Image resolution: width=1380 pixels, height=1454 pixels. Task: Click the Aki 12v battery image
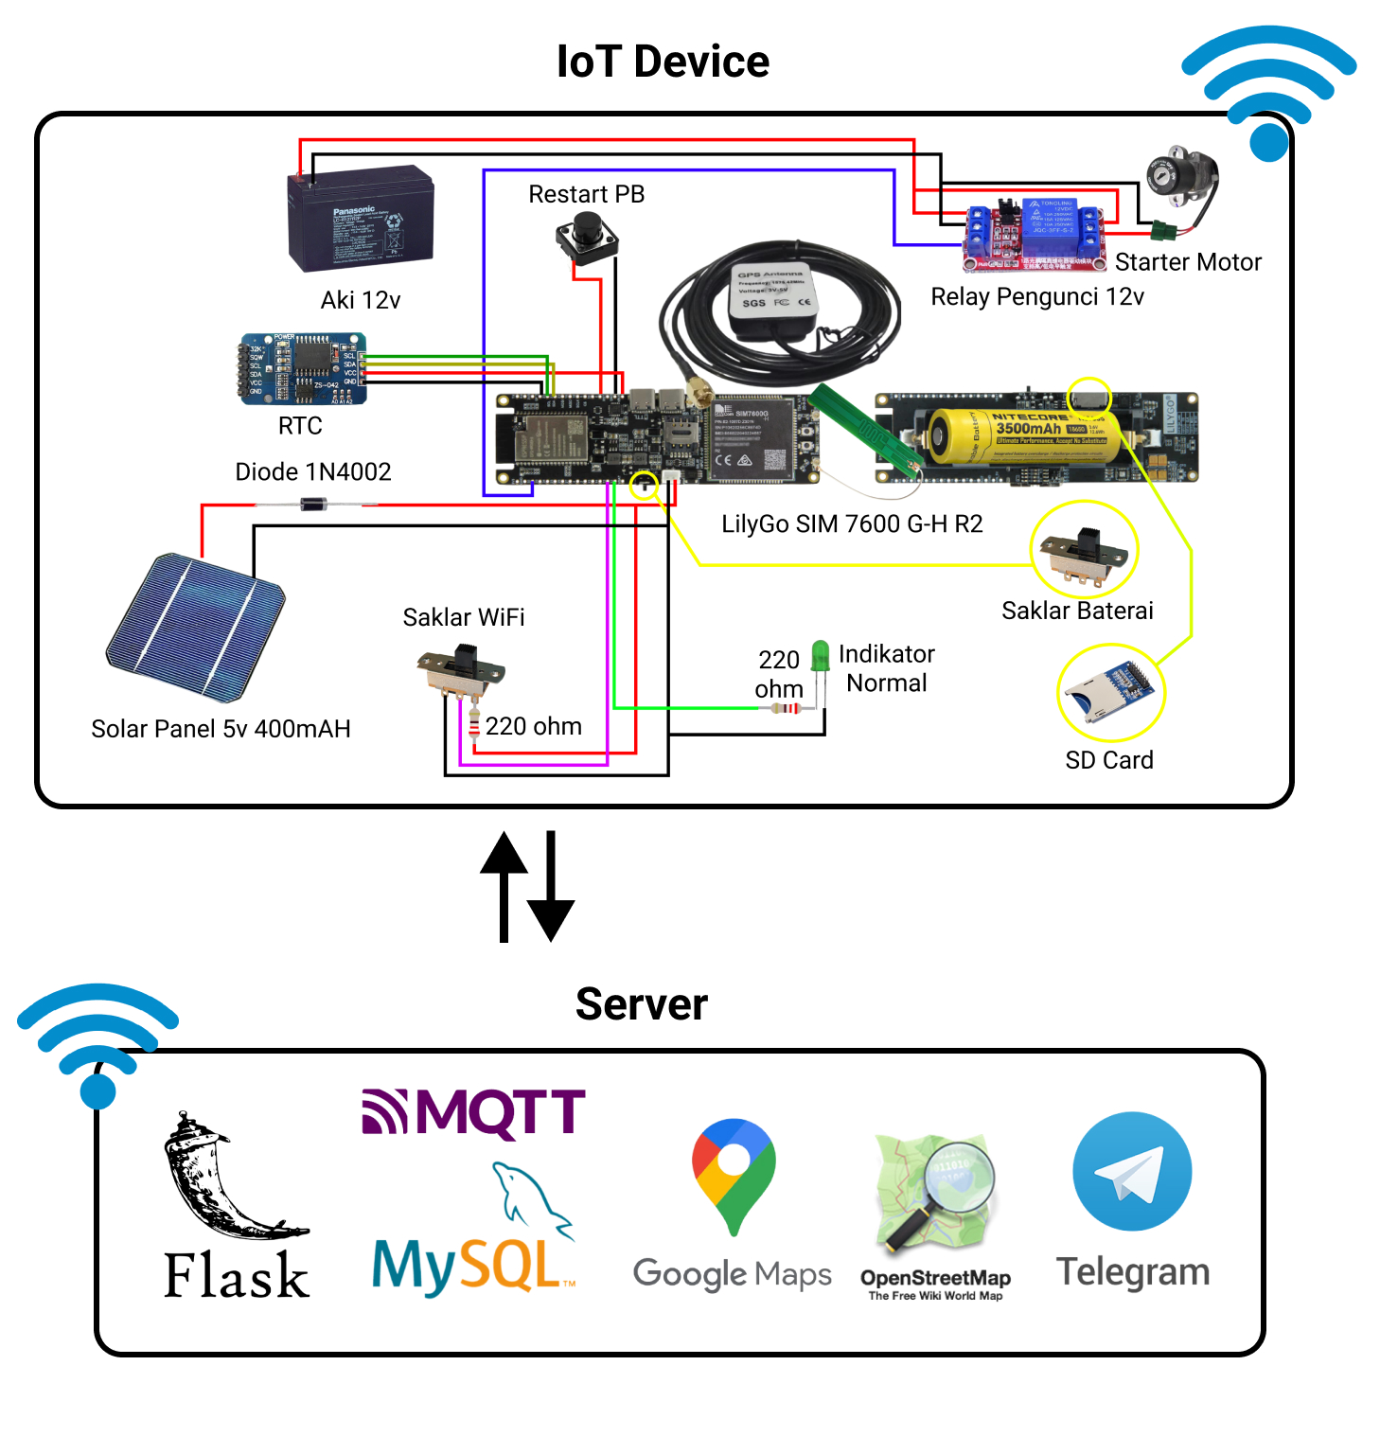point(361,219)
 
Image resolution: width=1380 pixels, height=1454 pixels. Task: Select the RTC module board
point(302,369)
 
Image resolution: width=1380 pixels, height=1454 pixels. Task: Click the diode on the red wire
point(313,505)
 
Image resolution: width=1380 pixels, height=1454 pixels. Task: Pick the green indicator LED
point(820,656)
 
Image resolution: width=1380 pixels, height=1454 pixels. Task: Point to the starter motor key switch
point(1179,179)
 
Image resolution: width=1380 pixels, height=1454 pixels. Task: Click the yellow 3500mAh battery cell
point(1022,435)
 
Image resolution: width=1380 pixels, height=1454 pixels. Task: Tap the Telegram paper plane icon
point(1132,1172)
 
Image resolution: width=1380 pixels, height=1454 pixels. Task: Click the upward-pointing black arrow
point(504,885)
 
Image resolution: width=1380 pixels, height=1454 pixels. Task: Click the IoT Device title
point(663,62)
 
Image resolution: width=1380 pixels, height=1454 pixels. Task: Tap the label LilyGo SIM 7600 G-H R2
point(852,523)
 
